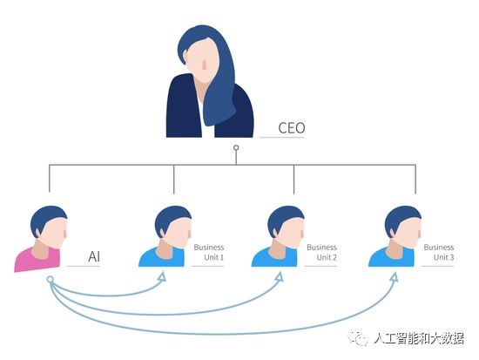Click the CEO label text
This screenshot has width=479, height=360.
tap(292, 128)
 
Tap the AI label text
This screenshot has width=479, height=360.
tap(94, 256)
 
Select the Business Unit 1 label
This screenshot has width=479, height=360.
tap(209, 252)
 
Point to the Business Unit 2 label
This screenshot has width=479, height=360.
tap(322, 252)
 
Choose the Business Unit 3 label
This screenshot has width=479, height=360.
tap(439, 252)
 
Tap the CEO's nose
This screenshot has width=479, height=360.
tap(205, 65)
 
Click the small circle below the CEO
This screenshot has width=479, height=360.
tap(236, 147)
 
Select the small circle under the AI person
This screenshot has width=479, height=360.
tap(51, 279)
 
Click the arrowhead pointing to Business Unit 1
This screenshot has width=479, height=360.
tap(162, 277)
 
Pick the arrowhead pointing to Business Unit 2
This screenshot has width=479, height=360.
tap(280, 276)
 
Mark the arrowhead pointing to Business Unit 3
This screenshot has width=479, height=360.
tap(395, 277)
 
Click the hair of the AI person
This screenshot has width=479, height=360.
tap(46, 217)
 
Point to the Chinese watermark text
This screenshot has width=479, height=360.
tap(419, 338)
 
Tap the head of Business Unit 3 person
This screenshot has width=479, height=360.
tap(403, 227)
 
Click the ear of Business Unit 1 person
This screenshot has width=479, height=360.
tap(162, 233)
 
